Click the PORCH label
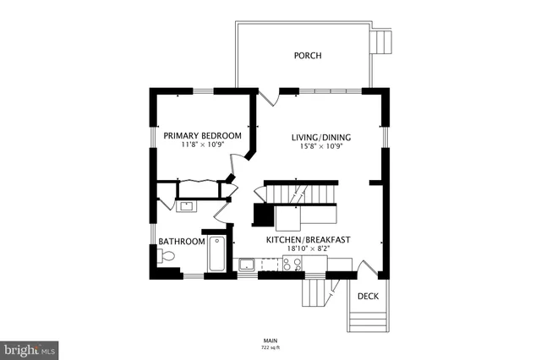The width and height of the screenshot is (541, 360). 307,56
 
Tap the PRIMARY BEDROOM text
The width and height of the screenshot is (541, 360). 202,135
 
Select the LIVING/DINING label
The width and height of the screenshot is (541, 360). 321,137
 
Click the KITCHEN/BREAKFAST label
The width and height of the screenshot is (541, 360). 308,240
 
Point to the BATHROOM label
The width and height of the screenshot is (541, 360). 182,242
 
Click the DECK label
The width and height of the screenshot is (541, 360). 368,296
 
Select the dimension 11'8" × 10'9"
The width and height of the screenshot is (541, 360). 202,145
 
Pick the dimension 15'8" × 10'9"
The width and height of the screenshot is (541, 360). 321,146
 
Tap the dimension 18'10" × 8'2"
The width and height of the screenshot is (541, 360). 308,249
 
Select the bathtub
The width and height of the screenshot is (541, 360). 215,253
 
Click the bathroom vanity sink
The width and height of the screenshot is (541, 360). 186,205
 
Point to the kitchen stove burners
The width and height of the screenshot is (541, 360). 292,265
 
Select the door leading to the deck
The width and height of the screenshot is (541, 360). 366,269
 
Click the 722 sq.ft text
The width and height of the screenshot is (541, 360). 270,346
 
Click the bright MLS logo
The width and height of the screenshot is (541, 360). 30,348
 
